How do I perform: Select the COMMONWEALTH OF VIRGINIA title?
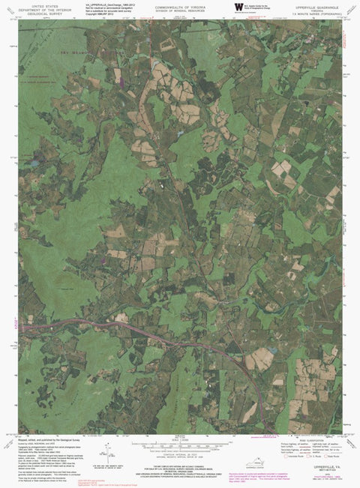tap(178, 4)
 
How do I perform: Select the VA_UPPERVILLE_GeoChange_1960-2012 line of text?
tap(112, 4)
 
